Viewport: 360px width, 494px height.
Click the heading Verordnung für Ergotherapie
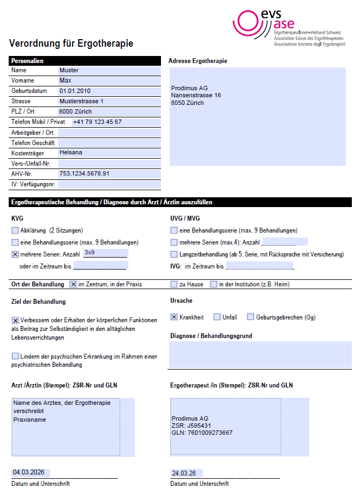71,43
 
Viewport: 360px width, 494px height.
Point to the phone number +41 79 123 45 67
97,122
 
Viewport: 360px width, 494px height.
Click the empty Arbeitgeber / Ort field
109,132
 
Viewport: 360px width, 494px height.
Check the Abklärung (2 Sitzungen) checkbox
15,230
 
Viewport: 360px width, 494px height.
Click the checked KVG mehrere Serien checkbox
15,254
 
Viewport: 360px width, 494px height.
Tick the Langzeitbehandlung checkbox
174,254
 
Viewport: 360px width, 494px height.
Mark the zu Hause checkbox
174,284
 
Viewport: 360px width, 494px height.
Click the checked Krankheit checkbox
174,317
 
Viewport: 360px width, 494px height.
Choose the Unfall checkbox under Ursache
217,317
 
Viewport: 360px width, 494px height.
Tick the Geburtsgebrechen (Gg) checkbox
251,317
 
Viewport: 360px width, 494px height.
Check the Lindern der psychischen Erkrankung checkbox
15,356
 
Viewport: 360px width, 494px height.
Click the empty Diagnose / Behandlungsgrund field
260,354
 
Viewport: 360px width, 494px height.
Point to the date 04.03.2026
28,472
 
